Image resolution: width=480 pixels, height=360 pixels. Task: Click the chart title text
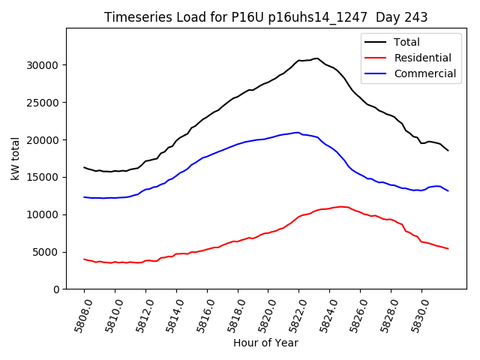pyautogui.click(x=266, y=17)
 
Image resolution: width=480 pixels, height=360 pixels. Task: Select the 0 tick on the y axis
pyautogui.click(x=55, y=289)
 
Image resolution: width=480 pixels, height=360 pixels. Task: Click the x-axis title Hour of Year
pyautogui.click(x=265, y=343)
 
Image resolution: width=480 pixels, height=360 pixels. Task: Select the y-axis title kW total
pyautogui.click(x=15, y=159)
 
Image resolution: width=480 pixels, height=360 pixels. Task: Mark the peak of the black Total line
pyautogui.click(x=316, y=58)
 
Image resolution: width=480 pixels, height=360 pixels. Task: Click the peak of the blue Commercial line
pyautogui.click(x=298, y=133)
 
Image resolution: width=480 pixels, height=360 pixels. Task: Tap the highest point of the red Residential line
pyautogui.click(x=341, y=206)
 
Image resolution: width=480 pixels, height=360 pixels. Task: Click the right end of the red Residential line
pyautogui.click(x=448, y=248)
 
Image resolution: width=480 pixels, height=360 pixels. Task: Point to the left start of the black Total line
pyautogui.click(x=84, y=167)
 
